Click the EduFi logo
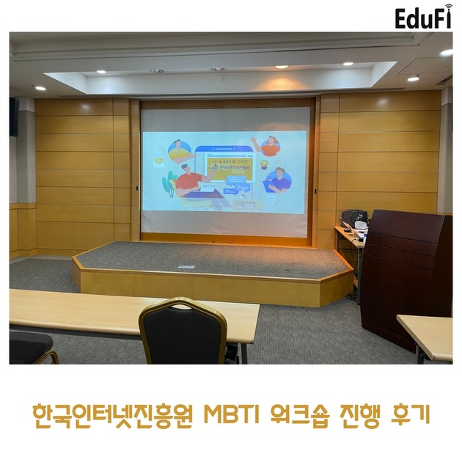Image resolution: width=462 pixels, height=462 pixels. click(x=423, y=18)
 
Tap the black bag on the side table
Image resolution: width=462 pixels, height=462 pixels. click(x=354, y=219)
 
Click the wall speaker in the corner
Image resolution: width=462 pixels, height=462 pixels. click(x=14, y=117)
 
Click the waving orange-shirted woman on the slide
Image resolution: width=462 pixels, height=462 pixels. click(x=270, y=146)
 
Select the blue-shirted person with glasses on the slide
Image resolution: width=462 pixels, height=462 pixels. click(x=279, y=179)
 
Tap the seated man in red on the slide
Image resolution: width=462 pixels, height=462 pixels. click(x=188, y=181)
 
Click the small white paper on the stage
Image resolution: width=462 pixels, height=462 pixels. click(x=187, y=266)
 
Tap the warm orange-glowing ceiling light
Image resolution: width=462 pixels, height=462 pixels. click(x=281, y=67)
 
